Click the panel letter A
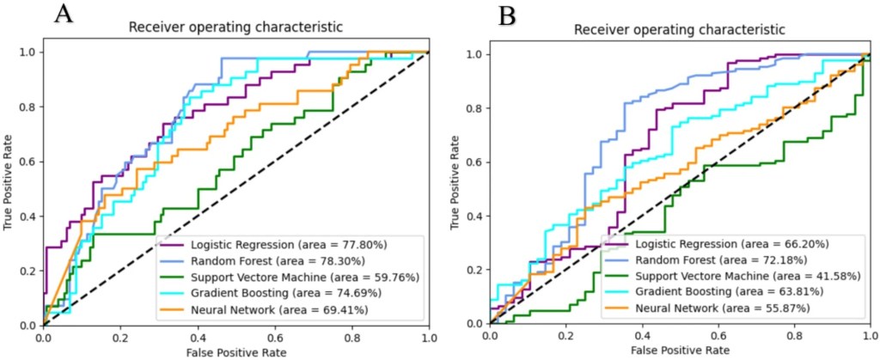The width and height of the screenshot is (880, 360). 63,14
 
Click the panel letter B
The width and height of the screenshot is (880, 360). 508,15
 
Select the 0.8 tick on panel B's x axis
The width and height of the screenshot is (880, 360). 794,337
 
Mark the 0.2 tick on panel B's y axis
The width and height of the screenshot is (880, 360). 472,270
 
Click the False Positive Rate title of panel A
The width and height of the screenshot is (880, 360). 235,352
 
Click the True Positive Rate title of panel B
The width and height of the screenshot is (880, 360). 455,189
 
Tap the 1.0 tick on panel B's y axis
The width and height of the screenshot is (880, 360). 472,54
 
